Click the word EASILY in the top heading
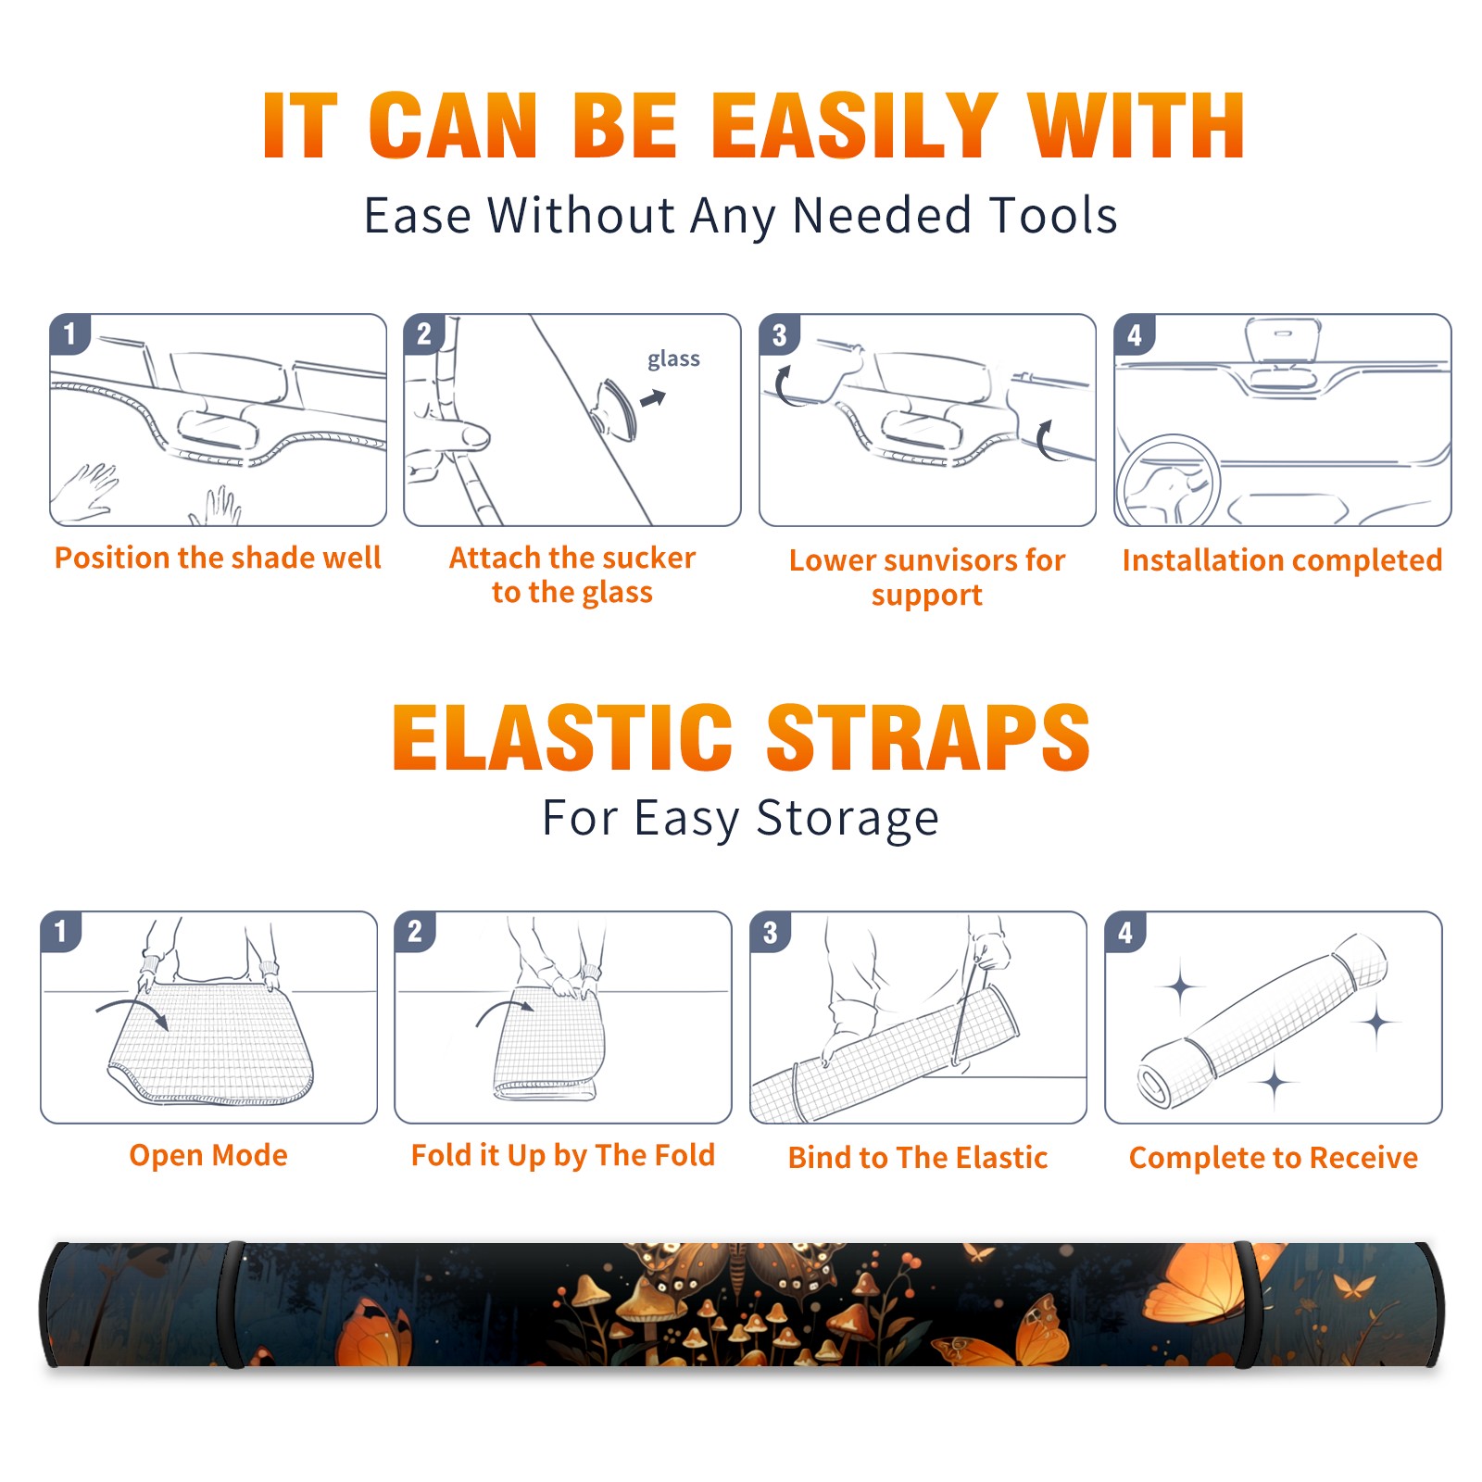click(x=854, y=126)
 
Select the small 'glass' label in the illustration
click(x=673, y=358)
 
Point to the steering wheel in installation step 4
click(x=1167, y=480)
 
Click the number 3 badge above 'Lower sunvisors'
click(x=778, y=334)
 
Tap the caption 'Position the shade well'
click(x=218, y=558)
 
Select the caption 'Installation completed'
click(x=1282, y=559)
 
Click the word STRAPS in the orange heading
click(x=928, y=737)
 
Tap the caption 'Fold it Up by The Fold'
click(x=563, y=1155)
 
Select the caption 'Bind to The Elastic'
click(x=918, y=1157)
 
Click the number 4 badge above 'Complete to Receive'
click(x=1124, y=932)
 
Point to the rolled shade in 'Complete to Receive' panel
click(x=1262, y=1020)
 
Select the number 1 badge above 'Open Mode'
click(x=60, y=932)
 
